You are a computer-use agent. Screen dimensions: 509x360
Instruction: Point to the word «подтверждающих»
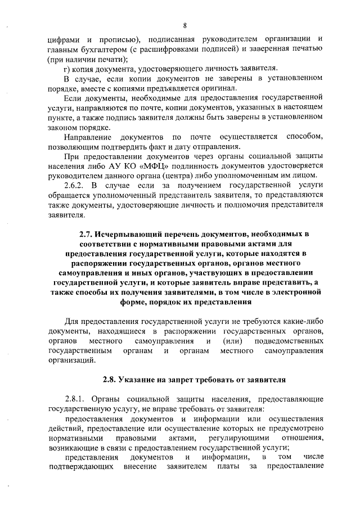[83, 467]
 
